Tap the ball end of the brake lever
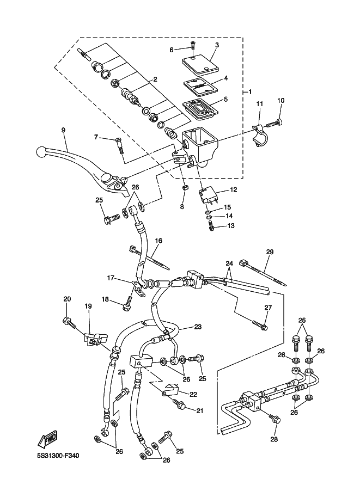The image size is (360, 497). coord(41,151)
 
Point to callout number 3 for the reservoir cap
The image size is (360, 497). coord(216,45)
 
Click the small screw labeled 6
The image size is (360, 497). coord(192,46)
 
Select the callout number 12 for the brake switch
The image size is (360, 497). coord(234,190)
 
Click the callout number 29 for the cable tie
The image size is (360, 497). coord(269,252)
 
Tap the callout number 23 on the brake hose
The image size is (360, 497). coord(198,327)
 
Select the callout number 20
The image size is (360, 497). coord(67,299)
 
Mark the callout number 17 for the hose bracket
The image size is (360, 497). coord(111,278)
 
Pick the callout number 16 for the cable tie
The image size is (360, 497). coord(158,240)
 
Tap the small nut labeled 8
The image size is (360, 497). coord(184,189)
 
